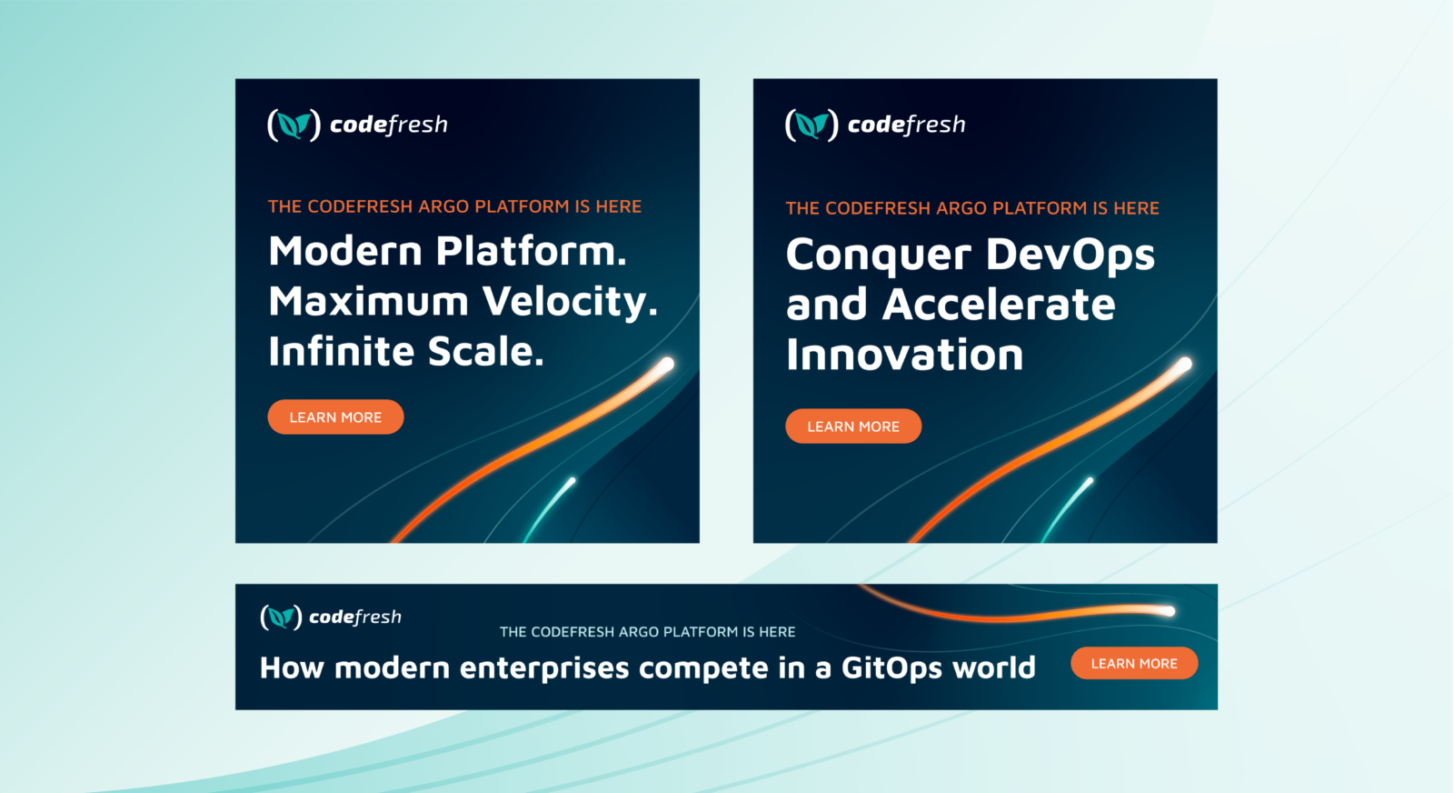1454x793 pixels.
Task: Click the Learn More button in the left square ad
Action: (x=335, y=417)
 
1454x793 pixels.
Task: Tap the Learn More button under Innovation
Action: (x=853, y=426)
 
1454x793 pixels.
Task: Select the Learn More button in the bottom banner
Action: (x=1134, y=663)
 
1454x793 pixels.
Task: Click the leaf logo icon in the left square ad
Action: (x=294, y=125)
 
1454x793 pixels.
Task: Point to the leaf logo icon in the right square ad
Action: (x=812, y=125)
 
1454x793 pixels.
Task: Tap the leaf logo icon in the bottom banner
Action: (x=281, y=617)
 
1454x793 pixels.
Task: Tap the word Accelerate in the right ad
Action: (x=999, y=304)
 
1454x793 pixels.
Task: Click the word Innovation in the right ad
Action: (x=905, y=354)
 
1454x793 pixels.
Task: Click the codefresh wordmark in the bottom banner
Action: (x=355, y=617)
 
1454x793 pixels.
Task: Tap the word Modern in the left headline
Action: (x=346, y=251)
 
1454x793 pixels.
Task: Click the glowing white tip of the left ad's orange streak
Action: (x=667, y=365)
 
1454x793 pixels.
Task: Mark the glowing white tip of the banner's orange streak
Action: (x=1168, y=610)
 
